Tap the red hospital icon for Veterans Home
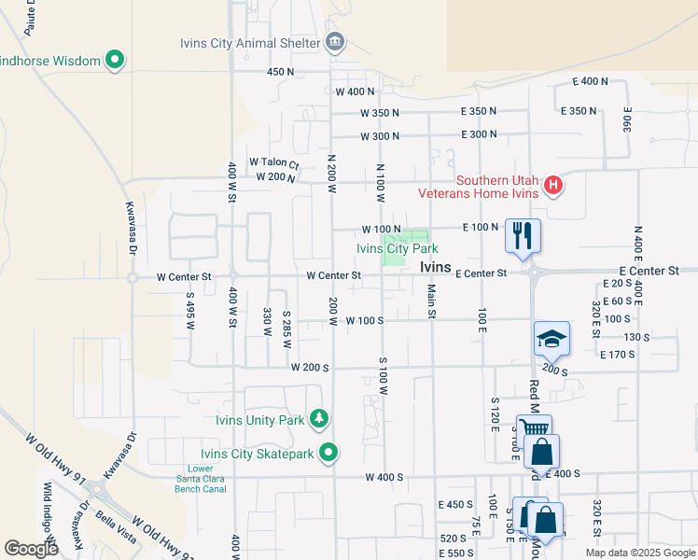tap(553, 187)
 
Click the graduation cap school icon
tap(551, 340)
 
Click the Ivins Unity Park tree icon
tap(320, 419)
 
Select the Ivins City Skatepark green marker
tap(328, 455)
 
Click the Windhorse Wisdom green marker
tap(116, 61)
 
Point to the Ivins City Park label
tap(397, 249)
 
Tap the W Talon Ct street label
tap(273, 163)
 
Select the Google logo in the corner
tap(32, 549)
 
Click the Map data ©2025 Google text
tap(639, 553)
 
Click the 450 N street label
tap(280, 72)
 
